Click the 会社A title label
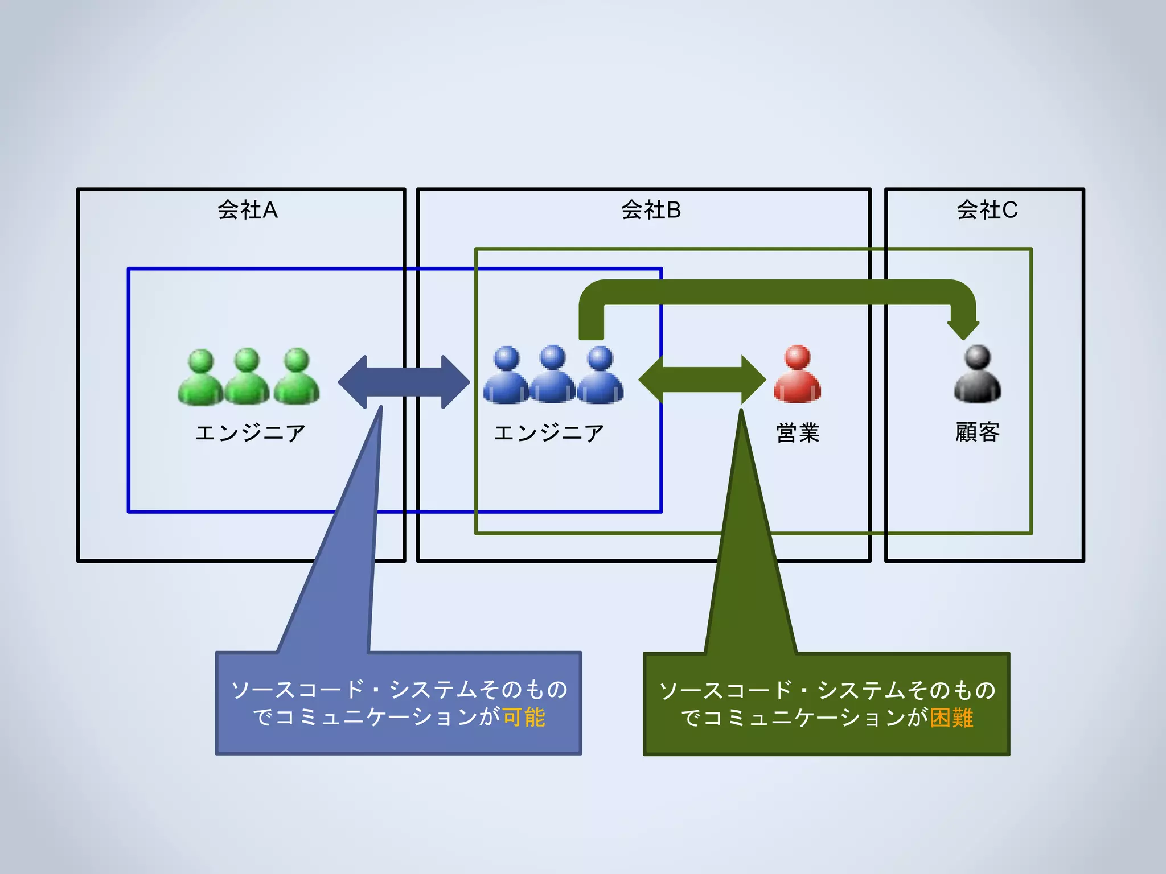click(x=247, y=210)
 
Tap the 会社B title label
click(x=651, y=210)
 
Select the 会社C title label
click(x=987, y=210)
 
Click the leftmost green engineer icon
click(x=200, y=378)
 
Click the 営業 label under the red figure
click(x=797, y=433)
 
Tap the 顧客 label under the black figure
click(x=977, y=432)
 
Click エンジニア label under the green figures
click(x=250, y=433)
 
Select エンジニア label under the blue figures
click(x=548, y=433)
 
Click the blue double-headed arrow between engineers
click(x=404, y=382)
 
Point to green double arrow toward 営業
click(x=702, y=380)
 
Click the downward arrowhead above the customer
click(x=963, y=328)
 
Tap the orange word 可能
click(x=524, y=717)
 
